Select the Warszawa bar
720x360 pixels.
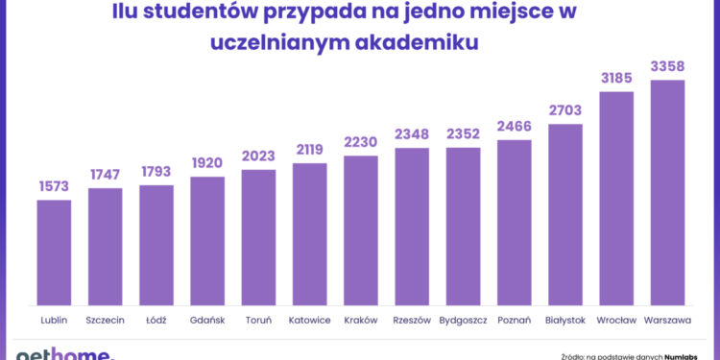point(667,192)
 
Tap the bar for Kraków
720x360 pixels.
point(360,230)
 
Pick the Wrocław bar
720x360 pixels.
point(616,198)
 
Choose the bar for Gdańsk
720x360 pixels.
point(207,241)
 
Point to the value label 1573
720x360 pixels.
point(54,187)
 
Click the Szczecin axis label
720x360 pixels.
point(105,320)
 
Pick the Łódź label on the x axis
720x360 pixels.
point(156,320)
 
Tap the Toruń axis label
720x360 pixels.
point(258,320)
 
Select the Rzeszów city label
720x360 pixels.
point(412,320)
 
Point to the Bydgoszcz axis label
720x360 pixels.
point(463,320)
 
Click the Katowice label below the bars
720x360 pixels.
point(309,320)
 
